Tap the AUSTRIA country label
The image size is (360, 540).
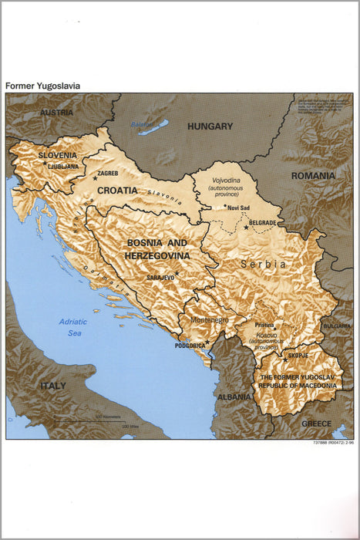pyautogui.click(x=56, y=113)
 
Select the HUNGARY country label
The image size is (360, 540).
pyautogui.click(x=210, y=127)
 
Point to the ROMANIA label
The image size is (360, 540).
pyautogui.click(x=313, y=176)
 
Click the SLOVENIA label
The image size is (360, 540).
pyautogui.click(x=58, y=155)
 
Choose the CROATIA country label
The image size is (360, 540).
pyautogui.click(x=117, y=190)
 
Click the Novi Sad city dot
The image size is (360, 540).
pyautogui.click(x=224, y=206)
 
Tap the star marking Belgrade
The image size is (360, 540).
pyautogui.click(x=246, y=227)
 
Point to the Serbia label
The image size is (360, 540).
pyautogui.click(x=264, y=264)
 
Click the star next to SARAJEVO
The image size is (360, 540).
pyautogui.click(x=177, y=273)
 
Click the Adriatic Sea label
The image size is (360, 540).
pyautogui.click(x=74, y=327)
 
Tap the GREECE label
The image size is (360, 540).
pyautogui.click(x=316, y=424)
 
